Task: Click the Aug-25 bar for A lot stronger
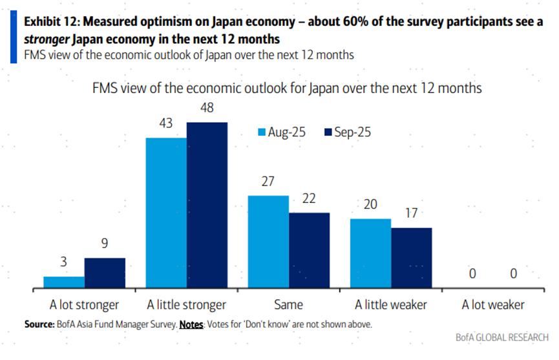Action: point(64,282)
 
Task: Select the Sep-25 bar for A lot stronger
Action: point(105,273)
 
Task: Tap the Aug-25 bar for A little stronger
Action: point(166,213)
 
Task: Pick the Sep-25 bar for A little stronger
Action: point(207,205)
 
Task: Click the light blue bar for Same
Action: point(268,241)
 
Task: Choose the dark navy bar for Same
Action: point(309,250)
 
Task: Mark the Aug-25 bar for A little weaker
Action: point(370,253)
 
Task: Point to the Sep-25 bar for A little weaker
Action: point(411,257)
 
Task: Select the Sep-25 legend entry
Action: point(348,132)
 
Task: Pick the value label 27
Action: point(268,182)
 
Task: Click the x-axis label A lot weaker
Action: point(493,304)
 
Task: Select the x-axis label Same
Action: point(289,304)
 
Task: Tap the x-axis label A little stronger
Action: point(187,304)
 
